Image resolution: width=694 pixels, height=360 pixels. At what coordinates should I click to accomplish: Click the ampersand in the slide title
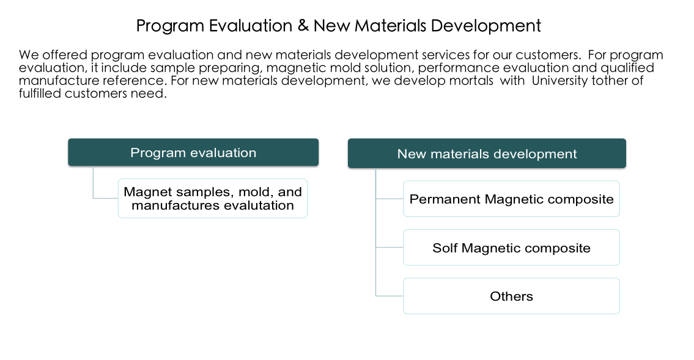click(x=303, y=25)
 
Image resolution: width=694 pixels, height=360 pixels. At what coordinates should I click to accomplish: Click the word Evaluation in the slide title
click(x=251, y=25)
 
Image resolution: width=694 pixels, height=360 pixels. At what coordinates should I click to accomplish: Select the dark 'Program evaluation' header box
click(x=193, y=152)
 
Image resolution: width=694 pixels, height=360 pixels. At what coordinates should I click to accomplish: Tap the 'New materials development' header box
click(x=487, y=153)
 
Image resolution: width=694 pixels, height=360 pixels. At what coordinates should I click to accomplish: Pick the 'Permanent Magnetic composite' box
click(x=511, y=199)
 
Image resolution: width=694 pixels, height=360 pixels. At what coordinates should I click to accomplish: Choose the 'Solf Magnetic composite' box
click(x=511, y=247)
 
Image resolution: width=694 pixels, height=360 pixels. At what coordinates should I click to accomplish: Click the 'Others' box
click(x=511, y=296)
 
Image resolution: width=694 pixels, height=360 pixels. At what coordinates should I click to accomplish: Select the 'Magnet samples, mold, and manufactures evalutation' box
click(x=212, y=198)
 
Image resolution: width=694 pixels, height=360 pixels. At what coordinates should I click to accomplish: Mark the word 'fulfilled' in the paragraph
click(x=40, y=94)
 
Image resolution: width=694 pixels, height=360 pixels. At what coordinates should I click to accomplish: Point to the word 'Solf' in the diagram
click(x=445, y=248)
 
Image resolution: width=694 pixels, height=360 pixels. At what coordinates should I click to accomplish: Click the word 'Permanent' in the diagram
click(x=445, y=199)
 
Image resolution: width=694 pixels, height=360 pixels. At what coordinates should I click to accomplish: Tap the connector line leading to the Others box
click(x=389, y=295)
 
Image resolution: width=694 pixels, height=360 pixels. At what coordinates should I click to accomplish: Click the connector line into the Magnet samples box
click(x=105, y=197)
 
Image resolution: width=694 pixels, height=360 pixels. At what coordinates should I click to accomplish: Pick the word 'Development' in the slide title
click(x=485, y=25)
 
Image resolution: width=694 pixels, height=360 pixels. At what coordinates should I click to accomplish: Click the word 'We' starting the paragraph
click(x=28, y=55)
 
